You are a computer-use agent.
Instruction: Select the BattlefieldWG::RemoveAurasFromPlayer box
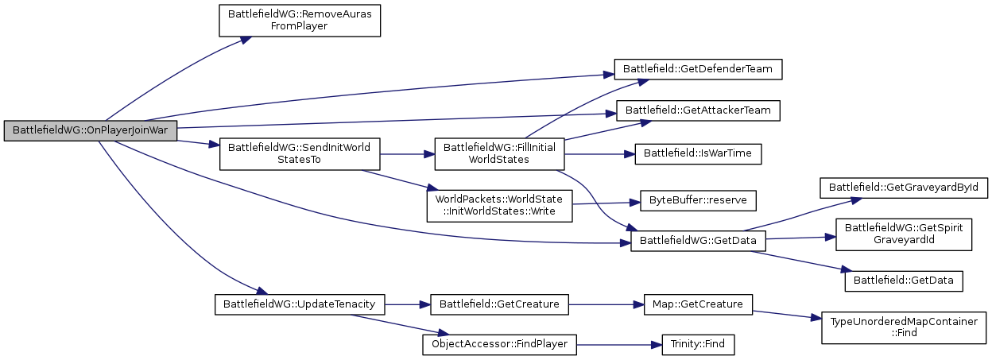click(300, 20)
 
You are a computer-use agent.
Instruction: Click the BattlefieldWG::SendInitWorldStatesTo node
click(300, 153)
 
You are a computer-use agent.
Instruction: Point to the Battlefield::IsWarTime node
click(699, 153)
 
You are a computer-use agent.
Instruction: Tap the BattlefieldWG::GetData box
click(699, 240)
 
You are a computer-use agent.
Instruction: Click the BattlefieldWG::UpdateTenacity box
click(300, 304)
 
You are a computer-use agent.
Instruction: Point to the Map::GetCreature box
click(699, 304)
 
